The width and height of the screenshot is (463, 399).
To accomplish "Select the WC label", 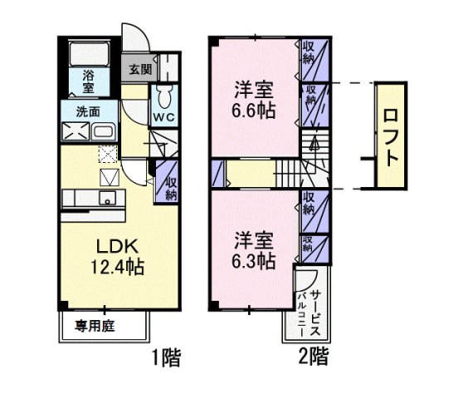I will coord(163,117).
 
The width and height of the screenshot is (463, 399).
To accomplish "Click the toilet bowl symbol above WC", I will coord(163,92).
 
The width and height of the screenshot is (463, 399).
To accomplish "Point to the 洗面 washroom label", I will coord(88,111).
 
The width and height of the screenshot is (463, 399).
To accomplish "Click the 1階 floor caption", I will coord(166,358).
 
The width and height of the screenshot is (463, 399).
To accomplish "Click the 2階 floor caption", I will coord(314,358).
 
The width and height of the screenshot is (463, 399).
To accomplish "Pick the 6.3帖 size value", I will coord(253,260).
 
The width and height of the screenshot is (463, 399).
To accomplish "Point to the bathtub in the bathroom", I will coord(90,55).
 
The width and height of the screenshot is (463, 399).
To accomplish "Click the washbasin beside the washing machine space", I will coord(105,133).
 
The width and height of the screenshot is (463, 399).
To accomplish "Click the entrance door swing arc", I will coord(136,39).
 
